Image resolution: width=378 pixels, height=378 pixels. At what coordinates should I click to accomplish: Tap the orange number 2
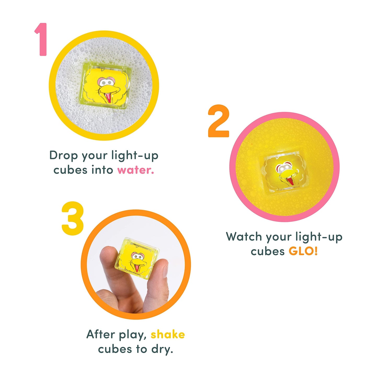tap(218, 121)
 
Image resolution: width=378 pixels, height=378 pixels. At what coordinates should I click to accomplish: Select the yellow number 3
tap(73, 218)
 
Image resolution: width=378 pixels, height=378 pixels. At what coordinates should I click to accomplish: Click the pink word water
tap(136, 170)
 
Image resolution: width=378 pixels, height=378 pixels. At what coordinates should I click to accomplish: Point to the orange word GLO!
tap(303, 251)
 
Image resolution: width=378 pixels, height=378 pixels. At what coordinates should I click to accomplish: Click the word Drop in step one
tap(64, 155)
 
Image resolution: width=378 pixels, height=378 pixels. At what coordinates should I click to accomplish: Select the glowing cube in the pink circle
tap(284, 173)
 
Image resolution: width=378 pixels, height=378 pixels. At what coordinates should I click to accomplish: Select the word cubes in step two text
tap(268, 251)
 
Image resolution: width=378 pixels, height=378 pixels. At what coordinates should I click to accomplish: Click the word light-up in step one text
tap(135, 155)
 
